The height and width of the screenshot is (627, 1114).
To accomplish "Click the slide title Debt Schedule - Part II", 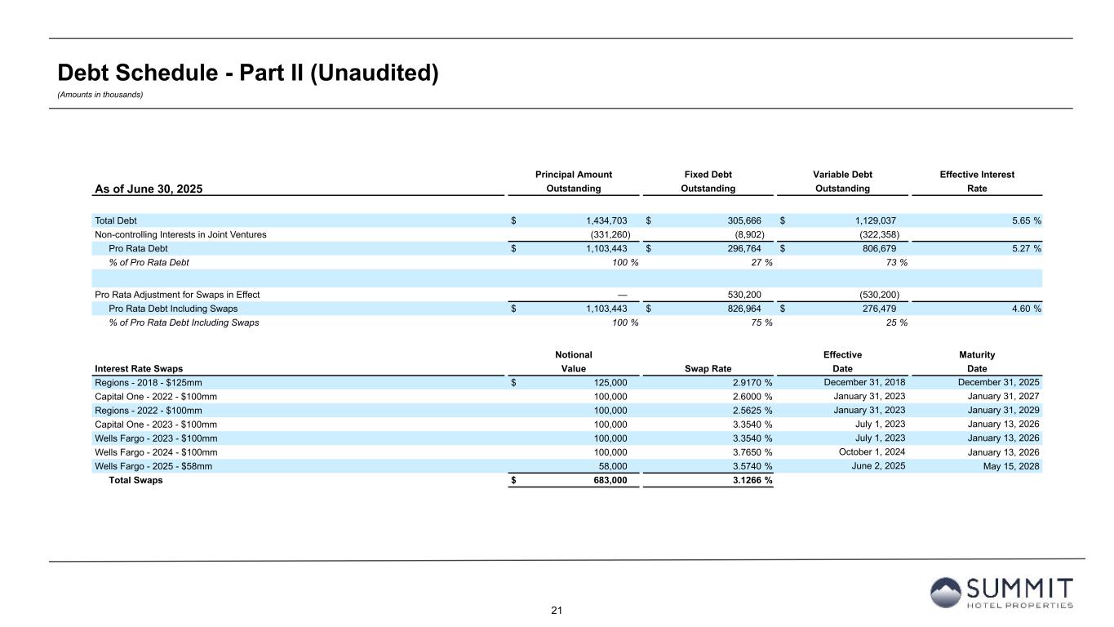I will tap(248, 73).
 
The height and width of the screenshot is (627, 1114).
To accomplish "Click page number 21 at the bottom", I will tap(557, 611).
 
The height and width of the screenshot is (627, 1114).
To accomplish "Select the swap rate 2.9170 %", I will tap(745, 382).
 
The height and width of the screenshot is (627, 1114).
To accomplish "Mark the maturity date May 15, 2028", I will tap(1013, 466).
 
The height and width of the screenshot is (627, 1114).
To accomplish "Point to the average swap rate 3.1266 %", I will tap(745, 480).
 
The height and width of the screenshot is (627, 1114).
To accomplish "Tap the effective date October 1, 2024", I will tap(872, 452).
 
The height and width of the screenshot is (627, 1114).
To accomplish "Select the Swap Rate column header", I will tap(708, 368).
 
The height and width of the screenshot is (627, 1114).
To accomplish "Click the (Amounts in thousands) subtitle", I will tap(100, 95).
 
